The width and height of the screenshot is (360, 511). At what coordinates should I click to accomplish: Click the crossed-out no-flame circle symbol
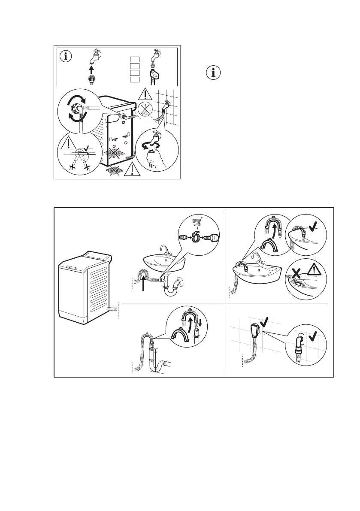(147, 110)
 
